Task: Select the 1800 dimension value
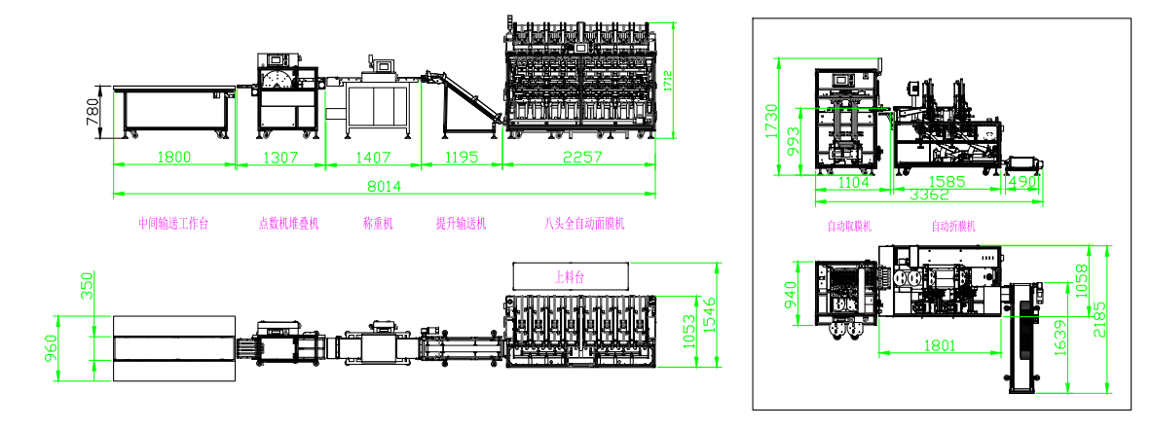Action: pyautogui.click(x=173, y=157)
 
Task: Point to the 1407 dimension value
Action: pyautogui.click(x=374, y=157)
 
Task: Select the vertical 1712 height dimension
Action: pyautogui.click(x=667, y=81)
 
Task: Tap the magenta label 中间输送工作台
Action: pyautogui.click(x=173, y=224)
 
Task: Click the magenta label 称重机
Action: pyautogui.click(x=377, y=224)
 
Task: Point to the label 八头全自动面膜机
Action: pyautogui.click(x=584, y=224)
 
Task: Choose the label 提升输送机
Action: pyautogui.click(x=461, y=224)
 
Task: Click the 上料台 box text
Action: pyautogui.click(x=569, y=276)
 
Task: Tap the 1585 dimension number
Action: pyautogui.click(x=940, y=182)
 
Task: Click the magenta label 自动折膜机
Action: pyautogui.click(x=952, y=227)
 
